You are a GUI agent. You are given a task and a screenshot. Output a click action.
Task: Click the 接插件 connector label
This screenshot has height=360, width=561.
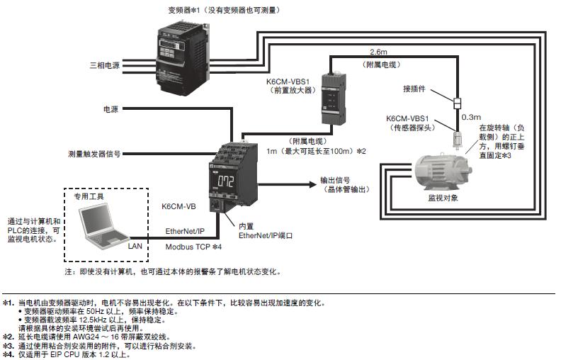pyautogui.click(x=417, y=90)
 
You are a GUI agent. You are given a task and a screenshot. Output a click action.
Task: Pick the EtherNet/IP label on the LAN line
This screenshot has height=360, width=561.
pyautogui.click(x=186, y=231)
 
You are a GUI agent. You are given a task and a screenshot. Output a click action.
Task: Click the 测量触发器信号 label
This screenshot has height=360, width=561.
pyautogui.click(x=94, y=153)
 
